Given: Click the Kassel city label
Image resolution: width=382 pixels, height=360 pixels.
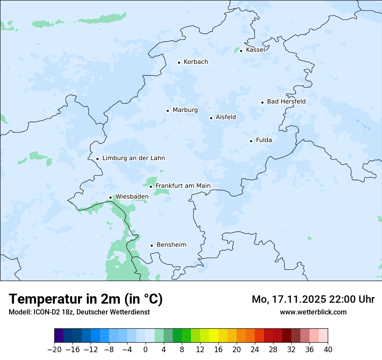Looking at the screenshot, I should pos(255,50).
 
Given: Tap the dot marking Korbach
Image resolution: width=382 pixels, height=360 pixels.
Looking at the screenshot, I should pos(179,62).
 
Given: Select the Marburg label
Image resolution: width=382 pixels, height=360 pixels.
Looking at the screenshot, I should pos(185,110).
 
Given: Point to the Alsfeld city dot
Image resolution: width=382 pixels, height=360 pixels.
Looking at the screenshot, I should pos(211,118).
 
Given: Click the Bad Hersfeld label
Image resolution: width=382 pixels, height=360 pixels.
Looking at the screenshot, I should pos(286,101).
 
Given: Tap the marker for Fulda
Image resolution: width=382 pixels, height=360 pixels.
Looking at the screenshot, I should pos(251,141).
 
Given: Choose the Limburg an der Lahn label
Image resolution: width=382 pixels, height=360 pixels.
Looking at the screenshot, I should pos(133,158).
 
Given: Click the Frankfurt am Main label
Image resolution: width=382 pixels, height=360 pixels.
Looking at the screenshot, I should pos(183,186).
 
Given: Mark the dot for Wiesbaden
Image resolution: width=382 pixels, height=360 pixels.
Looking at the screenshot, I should pos(110,198).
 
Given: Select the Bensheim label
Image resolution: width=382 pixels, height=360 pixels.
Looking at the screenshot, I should pos(171,245).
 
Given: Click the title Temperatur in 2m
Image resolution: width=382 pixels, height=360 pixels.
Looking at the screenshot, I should pos(86,299).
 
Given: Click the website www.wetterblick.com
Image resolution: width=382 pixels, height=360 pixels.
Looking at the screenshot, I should pos(313,312).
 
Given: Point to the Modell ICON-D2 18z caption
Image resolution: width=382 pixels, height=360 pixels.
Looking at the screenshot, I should pos(79,312).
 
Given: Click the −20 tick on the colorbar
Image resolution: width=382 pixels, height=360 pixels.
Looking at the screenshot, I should pos(55,350).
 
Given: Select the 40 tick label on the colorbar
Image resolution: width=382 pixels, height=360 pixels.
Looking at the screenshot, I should pos(328,350).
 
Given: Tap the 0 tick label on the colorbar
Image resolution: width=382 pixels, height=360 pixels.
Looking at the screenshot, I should pos(145,350).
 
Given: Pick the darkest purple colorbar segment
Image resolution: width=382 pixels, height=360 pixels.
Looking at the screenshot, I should pos(59,336).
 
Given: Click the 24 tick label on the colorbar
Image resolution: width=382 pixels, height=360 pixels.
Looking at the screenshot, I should pos(255,350).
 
